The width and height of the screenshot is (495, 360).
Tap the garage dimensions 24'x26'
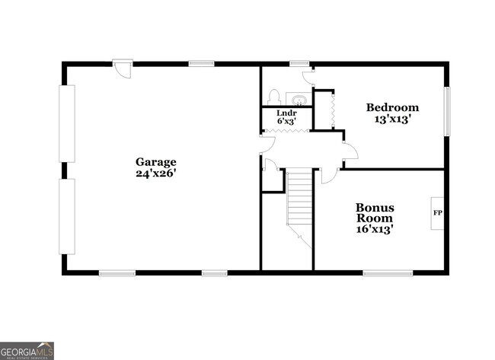(156, 173)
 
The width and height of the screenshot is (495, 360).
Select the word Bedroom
(392, 107)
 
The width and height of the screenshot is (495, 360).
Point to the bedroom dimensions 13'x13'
(392, 119)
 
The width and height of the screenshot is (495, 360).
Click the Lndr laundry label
(286, 113)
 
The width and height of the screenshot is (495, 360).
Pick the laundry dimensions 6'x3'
(286, 121)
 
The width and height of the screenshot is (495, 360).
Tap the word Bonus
(375, 206)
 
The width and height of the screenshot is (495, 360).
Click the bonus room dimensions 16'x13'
(375, 228)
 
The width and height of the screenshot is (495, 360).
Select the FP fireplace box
(438, 212)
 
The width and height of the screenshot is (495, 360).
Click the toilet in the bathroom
(275, 97)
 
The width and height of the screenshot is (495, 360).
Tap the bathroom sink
(298, 99)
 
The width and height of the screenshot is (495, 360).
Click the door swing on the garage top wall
(122, 69)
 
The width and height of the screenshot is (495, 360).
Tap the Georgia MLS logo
(27, 350)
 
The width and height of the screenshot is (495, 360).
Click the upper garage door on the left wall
(68, 123)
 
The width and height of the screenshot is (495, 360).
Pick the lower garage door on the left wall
(68, 217)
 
